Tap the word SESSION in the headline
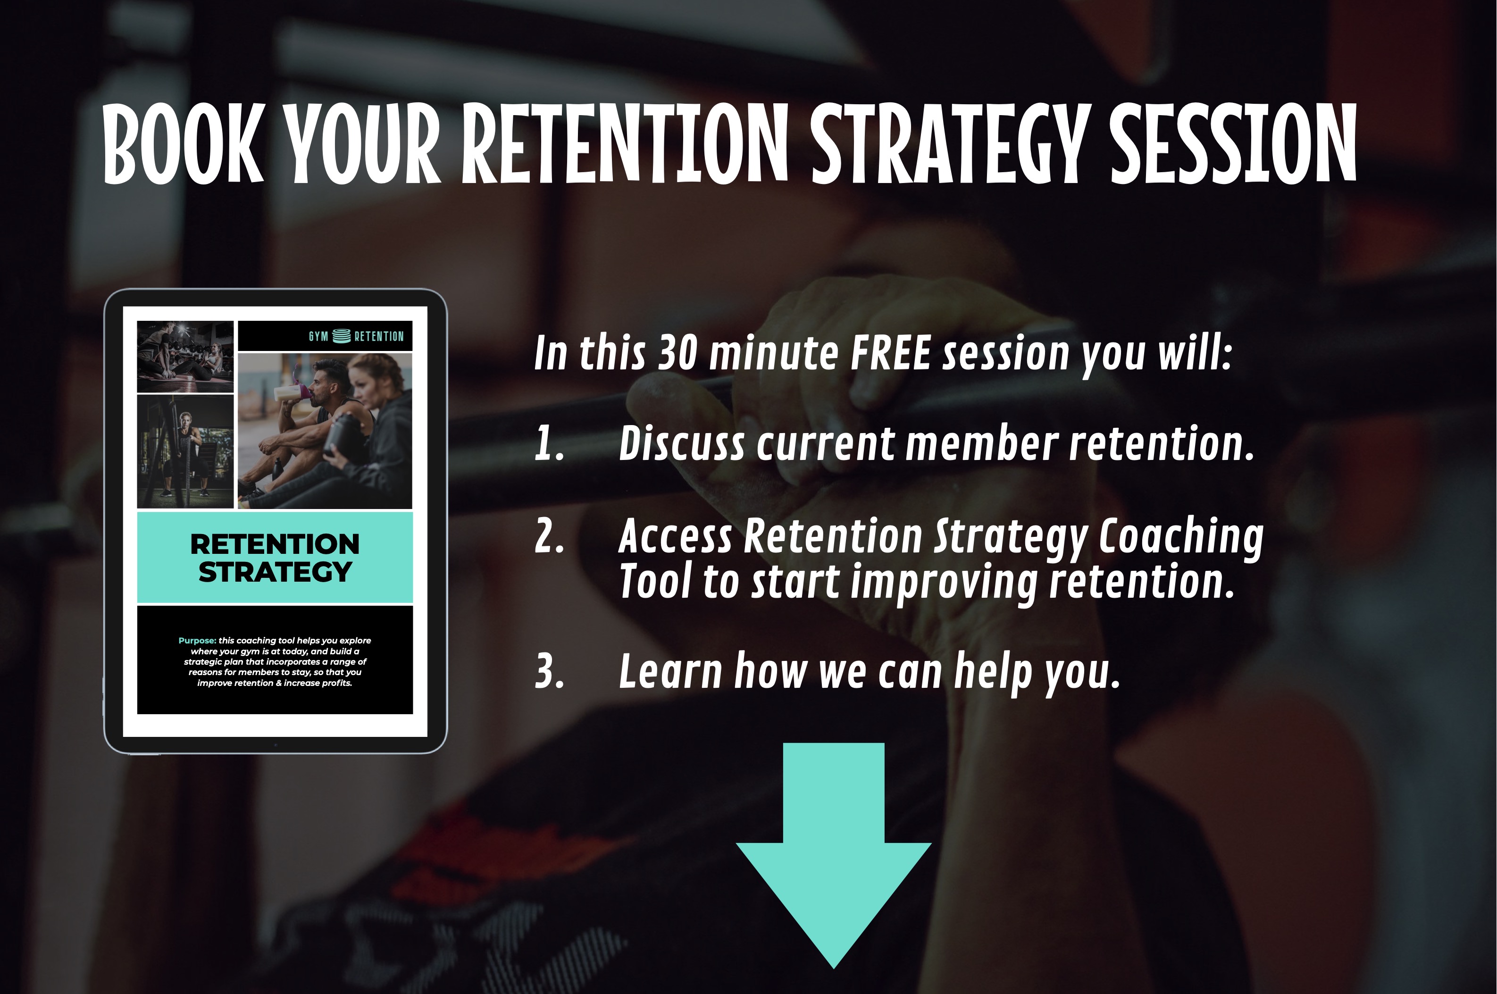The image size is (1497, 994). click(x=1233, y=144)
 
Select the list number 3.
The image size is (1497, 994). click(x=549, y=671)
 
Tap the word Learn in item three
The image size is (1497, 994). click(x=670, y=671)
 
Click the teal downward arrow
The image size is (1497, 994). click(x=834, y=856)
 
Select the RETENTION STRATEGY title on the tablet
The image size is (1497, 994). click(x=275, y=558)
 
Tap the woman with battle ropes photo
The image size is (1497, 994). click(x=185, y=451)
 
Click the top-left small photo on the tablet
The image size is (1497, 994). click(x=185, y=357)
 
